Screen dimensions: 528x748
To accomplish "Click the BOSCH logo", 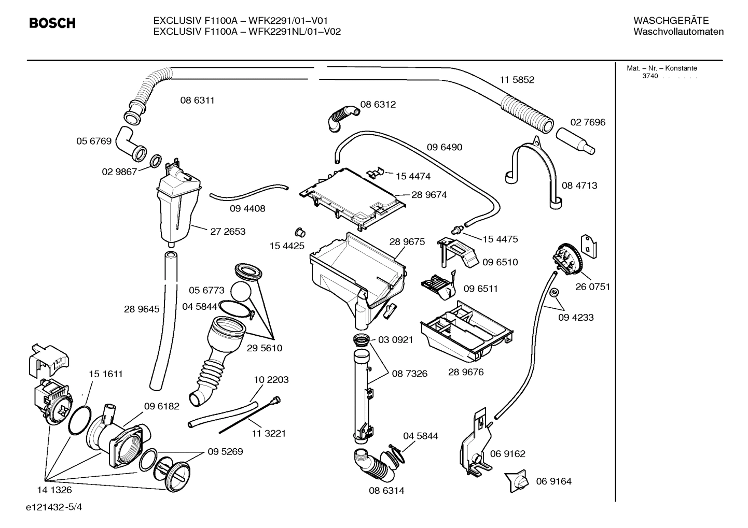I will point(52,23).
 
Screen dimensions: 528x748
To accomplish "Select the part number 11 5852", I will point(517,80).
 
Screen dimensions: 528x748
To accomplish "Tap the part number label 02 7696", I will point(588,122).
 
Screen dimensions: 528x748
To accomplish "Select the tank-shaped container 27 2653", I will point(177,207).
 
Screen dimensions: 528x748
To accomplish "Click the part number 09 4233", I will point(576,317).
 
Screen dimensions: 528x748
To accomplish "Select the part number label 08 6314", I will point(386,490).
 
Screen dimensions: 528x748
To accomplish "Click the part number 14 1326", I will point(54,490).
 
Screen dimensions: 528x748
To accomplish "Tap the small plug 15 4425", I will point(300,231).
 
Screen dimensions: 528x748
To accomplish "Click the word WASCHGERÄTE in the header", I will point(671,21).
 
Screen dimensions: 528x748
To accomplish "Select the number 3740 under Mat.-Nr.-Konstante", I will point(649,76).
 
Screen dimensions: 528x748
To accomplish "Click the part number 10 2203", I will point(271,380).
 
